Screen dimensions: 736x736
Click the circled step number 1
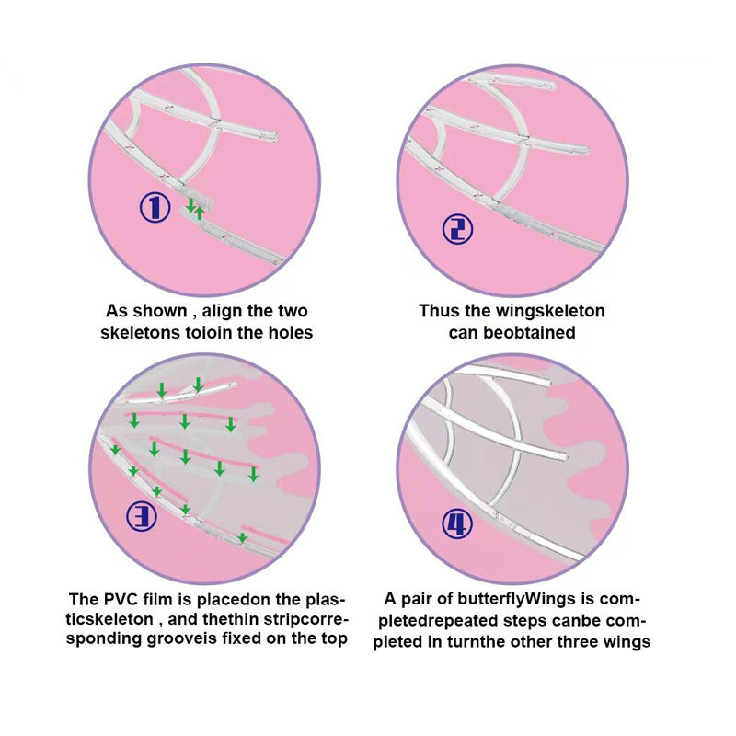tap(155, 207)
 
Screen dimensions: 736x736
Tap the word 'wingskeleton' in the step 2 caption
tap(549, 311)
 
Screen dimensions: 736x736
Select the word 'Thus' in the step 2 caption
tap(439, 311)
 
